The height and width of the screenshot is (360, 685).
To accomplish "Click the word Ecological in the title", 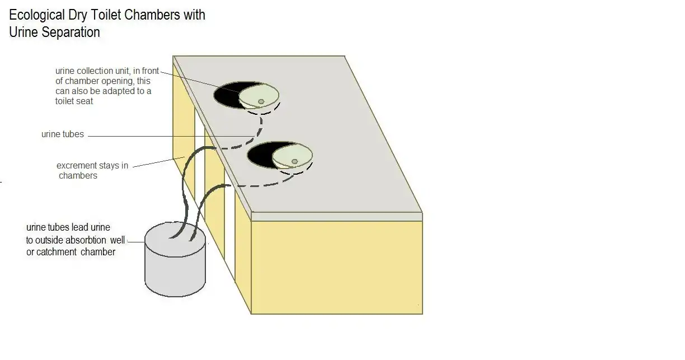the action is click(x=37, y=15).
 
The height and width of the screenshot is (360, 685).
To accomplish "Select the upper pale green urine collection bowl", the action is click(x=259, y=96).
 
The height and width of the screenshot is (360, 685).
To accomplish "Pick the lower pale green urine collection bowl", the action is click(x=292, y=156).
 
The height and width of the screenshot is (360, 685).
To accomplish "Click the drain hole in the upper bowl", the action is click(x=261, y=101).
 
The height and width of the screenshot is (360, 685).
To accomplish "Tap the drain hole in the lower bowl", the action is click(x=294, y=161).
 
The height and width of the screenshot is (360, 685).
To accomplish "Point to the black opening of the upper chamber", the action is click(x=228, y=95).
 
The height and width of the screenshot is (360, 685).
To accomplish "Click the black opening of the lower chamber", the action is click(x=261, y=155).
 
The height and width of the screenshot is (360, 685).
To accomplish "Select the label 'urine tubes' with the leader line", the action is click(x=62, y=134).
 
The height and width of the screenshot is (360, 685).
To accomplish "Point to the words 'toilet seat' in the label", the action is click(x=74, y=101).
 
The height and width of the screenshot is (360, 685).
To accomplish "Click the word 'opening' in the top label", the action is click(x=118, y=81).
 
